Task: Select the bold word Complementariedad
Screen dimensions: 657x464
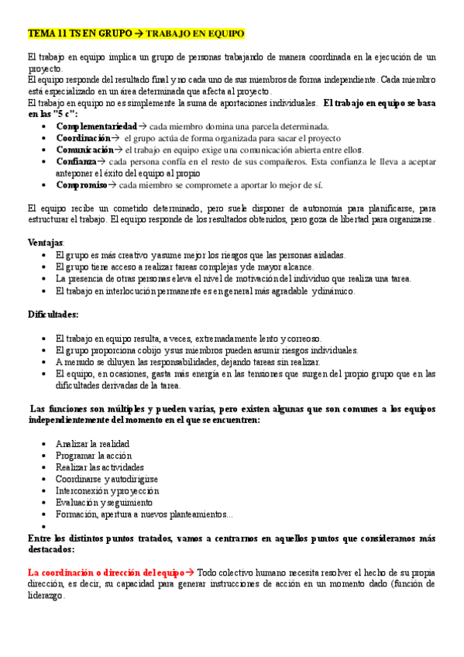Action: (x=96, y=126)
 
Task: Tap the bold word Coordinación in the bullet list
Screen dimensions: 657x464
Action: (x=84, y=137)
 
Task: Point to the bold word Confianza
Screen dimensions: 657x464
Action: (x=76, y=161)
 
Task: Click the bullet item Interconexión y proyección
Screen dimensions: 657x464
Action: (x=107, y=490)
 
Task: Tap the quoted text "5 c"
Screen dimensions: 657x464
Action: (x=57, y=114)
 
